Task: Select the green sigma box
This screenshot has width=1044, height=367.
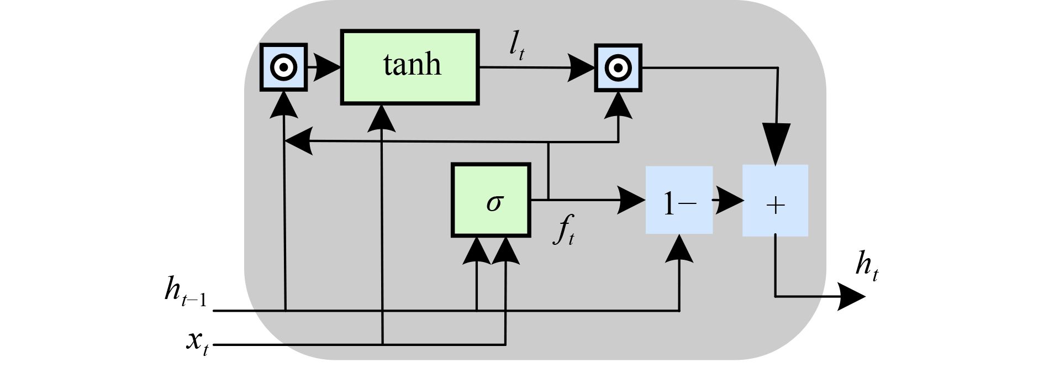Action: click(491, 200)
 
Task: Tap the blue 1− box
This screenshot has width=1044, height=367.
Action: click(679, 200)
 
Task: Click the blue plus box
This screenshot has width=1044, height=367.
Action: click(775, 200)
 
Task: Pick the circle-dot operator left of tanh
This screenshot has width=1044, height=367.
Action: click(283, 67)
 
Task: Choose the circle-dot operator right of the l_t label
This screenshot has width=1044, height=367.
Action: click(618, 67)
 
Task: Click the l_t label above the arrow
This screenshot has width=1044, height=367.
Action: click(516, 49)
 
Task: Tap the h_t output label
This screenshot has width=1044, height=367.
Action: click(866, 266)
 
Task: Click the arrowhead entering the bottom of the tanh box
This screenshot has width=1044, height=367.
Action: click(382, 118)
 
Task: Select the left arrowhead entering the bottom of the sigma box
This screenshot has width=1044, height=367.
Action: click(477, 251)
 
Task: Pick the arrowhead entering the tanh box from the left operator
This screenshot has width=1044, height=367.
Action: click(328, 67)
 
